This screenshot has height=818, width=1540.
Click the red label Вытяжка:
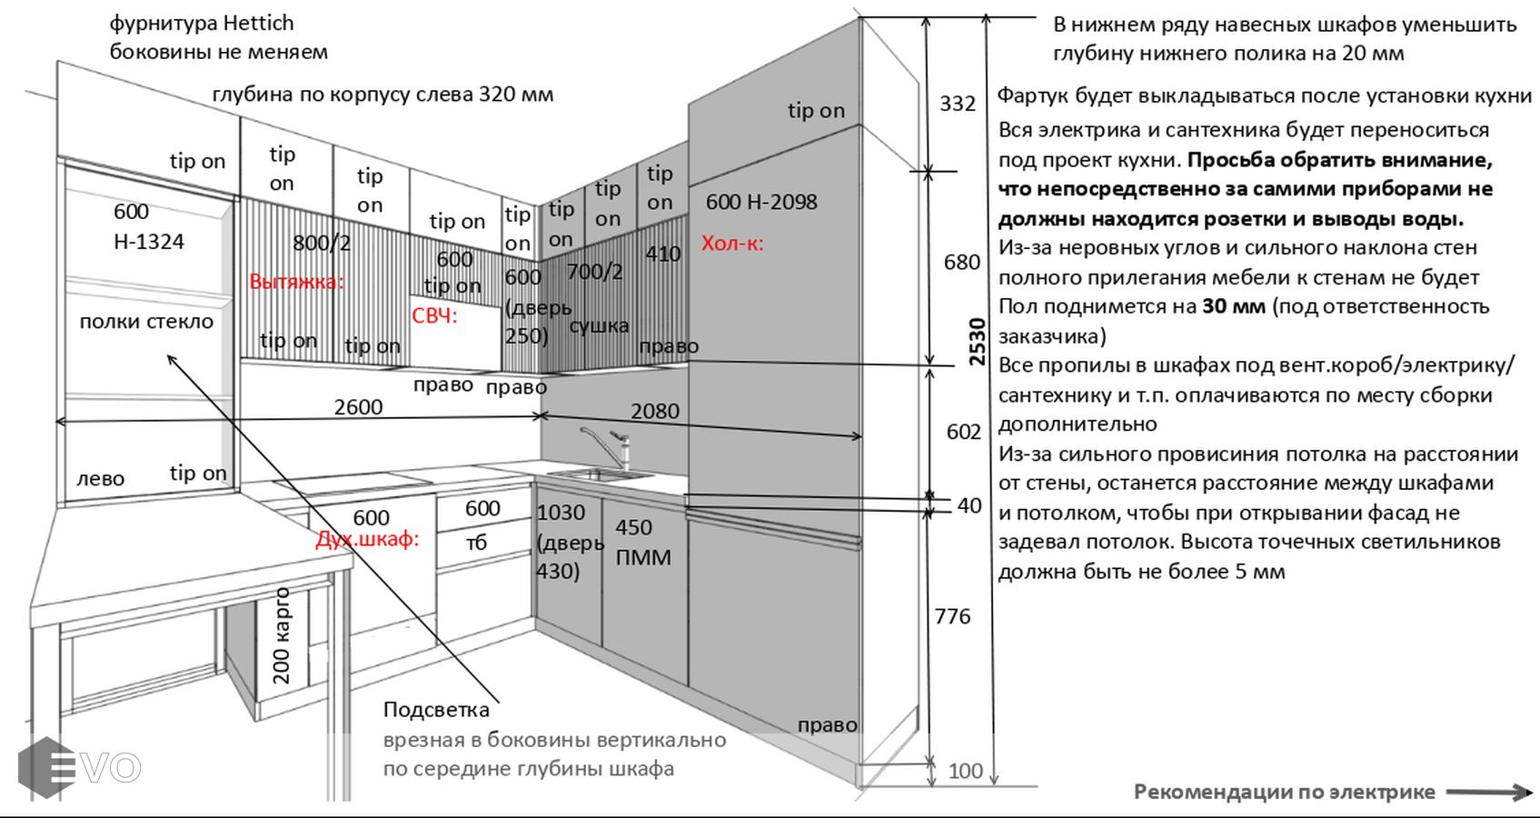[x=296, y=282]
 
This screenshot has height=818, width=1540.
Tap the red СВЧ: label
[x=434, y=316]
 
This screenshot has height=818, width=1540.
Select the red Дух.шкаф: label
[x=367, y=539]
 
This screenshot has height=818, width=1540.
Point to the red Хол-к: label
[x=732, y=244]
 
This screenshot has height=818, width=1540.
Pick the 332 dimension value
[x=958, y=104]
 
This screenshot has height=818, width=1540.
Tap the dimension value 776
[x=952, y=616]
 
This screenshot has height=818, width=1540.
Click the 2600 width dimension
[x=358, y=407]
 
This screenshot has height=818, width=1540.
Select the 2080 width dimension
[x=655, y=412]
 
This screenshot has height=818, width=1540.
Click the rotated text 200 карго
[x=282, y=636]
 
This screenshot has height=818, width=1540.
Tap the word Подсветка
[x=436, y=710]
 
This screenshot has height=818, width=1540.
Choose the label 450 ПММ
[x=643, y=543]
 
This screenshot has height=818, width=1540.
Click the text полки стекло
[x=146, y=322]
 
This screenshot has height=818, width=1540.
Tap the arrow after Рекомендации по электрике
[x=1489, y=793]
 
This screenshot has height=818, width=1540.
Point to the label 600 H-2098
[x=761, y=202]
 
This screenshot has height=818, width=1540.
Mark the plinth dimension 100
[x=965, y=772]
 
